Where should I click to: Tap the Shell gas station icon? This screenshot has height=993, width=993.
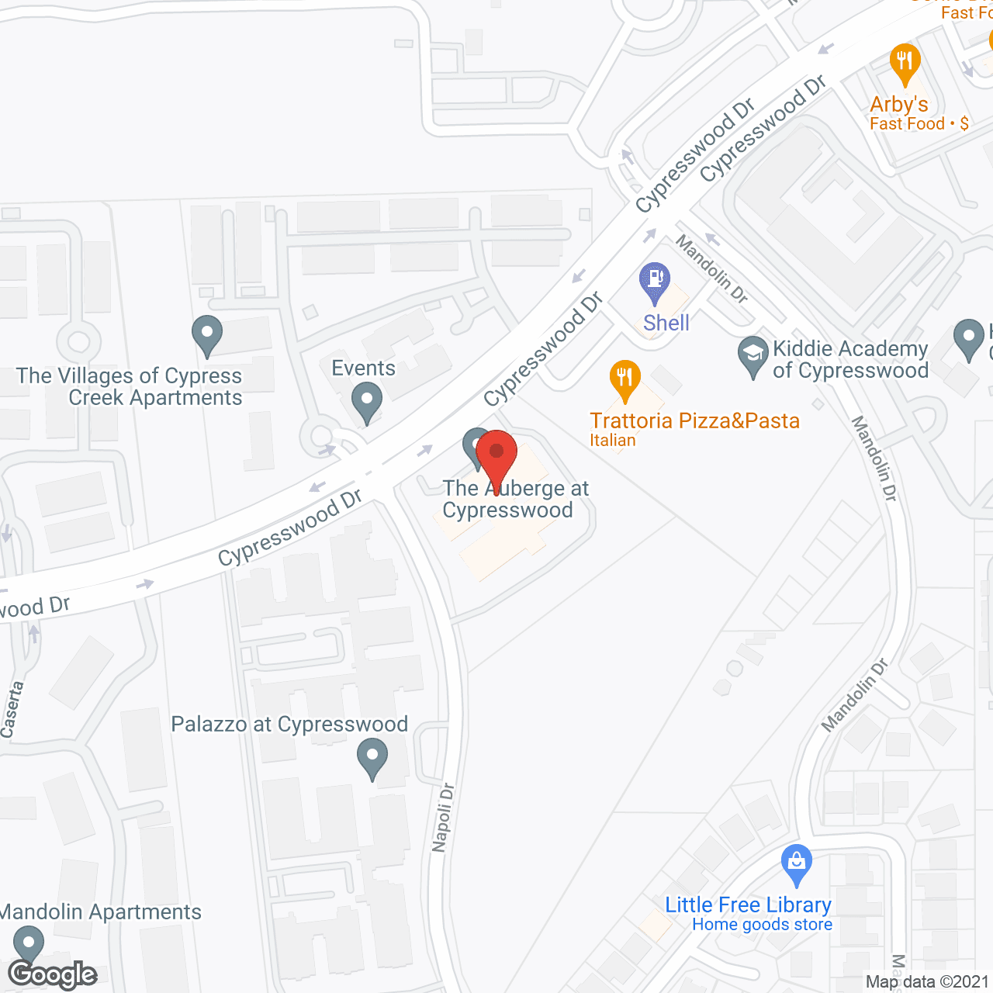655,282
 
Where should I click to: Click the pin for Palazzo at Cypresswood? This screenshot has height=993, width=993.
372,758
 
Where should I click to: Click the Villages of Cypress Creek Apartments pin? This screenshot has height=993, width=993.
207,335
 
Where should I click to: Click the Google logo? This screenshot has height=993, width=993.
53,974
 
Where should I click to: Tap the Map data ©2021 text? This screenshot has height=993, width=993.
927,981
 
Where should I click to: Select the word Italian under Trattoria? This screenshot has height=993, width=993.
613,441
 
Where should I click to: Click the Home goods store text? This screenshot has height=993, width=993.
762,925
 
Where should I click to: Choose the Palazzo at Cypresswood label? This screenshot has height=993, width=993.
289,725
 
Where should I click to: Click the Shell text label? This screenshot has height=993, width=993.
666,323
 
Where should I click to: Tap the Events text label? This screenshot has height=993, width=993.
364,368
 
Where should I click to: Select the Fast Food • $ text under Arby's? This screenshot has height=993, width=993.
919,124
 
